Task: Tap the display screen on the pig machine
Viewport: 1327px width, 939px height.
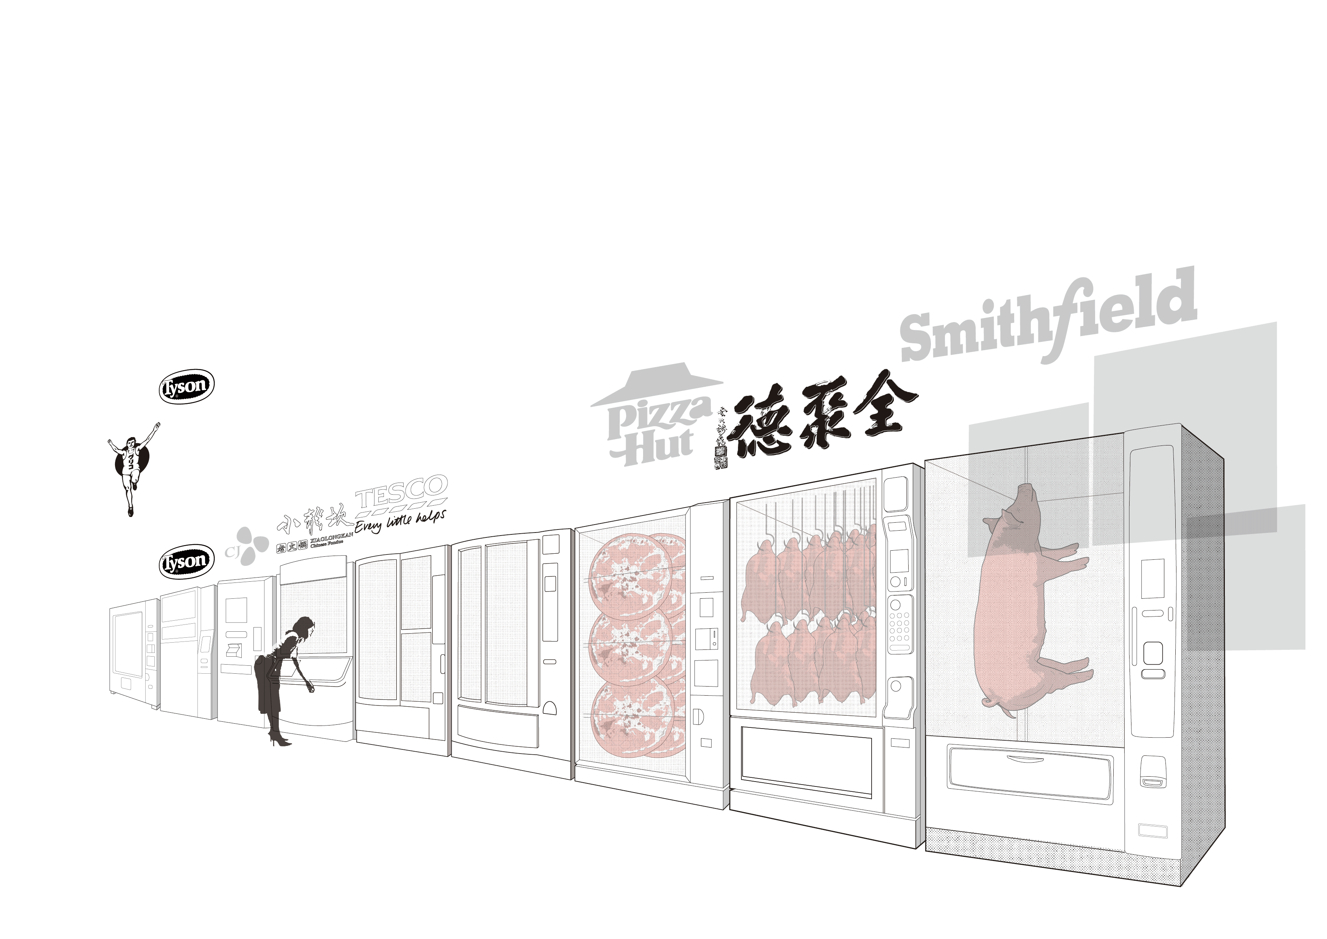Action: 1151,578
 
